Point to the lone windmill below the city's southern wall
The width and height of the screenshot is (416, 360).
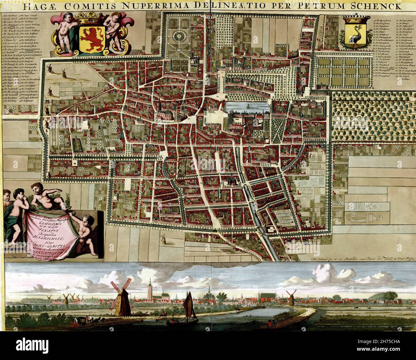pyautogui.click(x=164, y=238)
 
